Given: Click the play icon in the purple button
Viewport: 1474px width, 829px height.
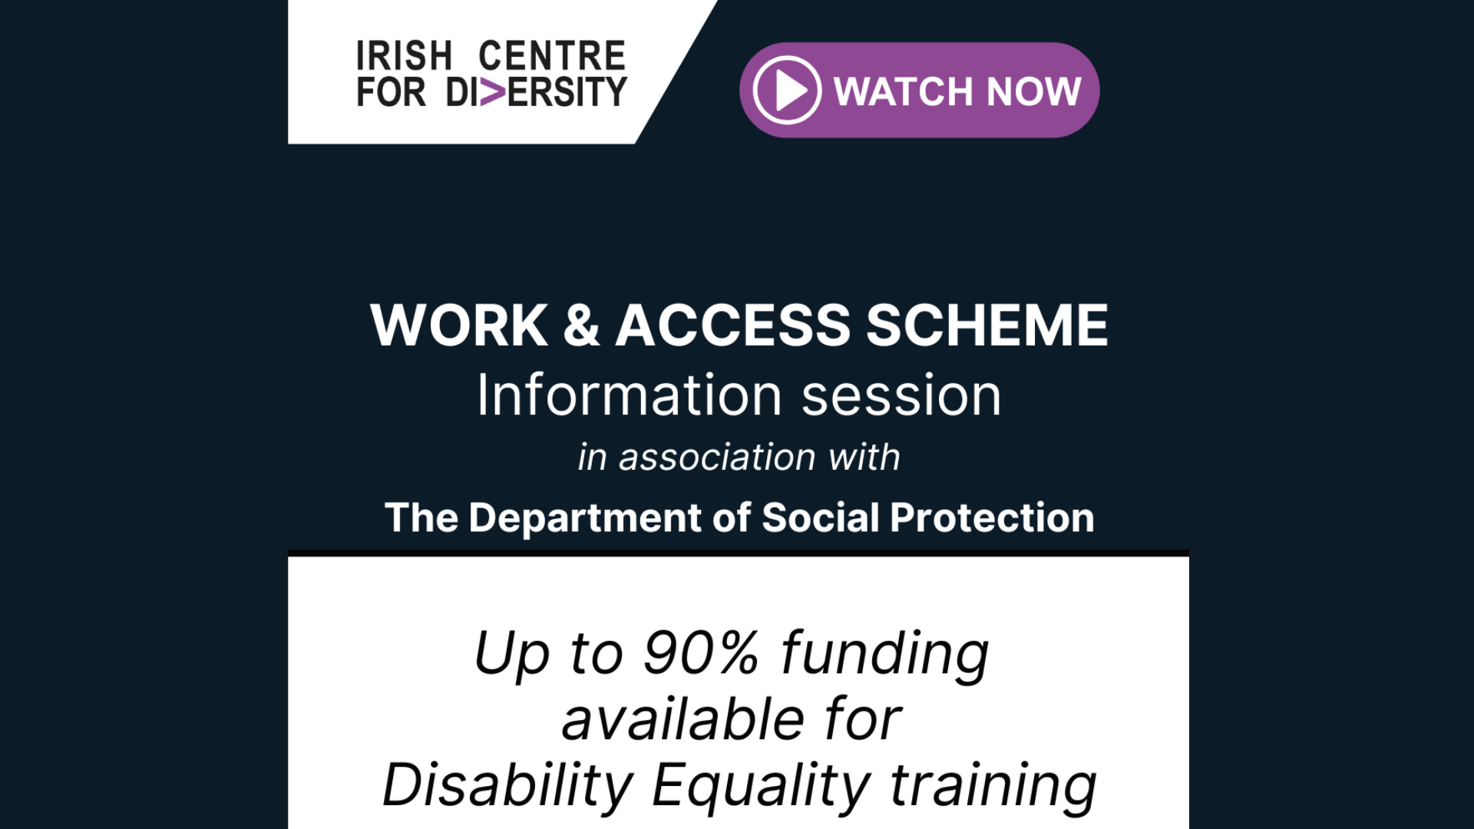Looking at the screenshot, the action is pyautogui.click(x=787, y=91).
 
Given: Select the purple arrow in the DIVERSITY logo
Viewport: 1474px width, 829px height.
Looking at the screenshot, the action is pyautogui.click(x=493, y=92).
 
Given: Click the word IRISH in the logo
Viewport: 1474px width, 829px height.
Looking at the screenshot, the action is pyautogui.click(x=404, y=56).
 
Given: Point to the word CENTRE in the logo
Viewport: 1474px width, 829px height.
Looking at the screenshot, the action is pyautogui.click(x=552, y=56).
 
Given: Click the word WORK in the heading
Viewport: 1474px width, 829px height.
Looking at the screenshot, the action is pyautogui.click(x=459, y=325).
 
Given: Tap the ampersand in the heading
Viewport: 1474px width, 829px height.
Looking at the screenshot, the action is pyautogui.click(x=581, y=325).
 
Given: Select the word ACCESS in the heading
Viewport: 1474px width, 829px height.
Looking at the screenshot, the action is pyautogui.click(x=733, y=325).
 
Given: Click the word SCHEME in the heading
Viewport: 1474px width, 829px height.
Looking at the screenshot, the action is pyautogui.click(x=987, y=325).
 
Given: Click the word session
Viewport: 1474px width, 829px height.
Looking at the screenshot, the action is pyautogui.click(x=902, y=397).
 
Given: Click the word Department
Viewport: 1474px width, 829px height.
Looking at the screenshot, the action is pyautogui.click(x=584, y=519).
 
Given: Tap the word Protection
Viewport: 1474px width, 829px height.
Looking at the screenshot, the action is pyautogui.click(x=992, y=517).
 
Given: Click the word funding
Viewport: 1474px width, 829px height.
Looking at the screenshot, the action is pyautogui.click(x=885, y=655).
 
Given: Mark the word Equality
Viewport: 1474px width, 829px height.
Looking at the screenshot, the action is pyautogui.click(x=761, y=787).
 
